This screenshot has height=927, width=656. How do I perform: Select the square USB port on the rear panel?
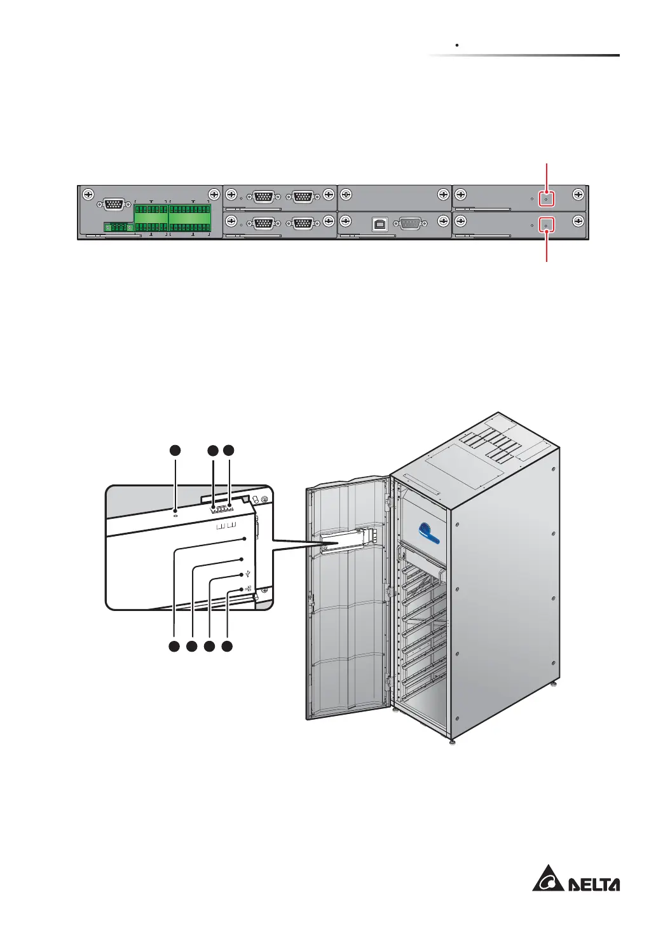click(x=379, y=223)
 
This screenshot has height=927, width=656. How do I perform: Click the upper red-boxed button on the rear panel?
click(x=546, y=198)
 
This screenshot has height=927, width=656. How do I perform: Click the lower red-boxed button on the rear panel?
click(x=546, y=224)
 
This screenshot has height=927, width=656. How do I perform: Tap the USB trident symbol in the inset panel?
click(x=247, y=575)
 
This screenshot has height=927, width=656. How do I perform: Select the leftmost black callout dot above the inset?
click(x=175, y=450)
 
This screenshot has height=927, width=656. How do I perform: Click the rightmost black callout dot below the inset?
click(x=227, y=647)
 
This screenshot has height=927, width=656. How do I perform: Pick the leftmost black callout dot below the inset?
click(x=174, y=647)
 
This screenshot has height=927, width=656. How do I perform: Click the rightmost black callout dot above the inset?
click(x=229, y=450)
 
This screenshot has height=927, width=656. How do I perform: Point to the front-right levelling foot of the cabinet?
click(x=451, y=741)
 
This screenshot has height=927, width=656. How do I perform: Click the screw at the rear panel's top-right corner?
click(x=577, y=195)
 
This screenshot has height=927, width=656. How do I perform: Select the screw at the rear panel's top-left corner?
click(x=88, y=195)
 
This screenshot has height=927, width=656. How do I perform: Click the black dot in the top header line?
click(x=458, y=46)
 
